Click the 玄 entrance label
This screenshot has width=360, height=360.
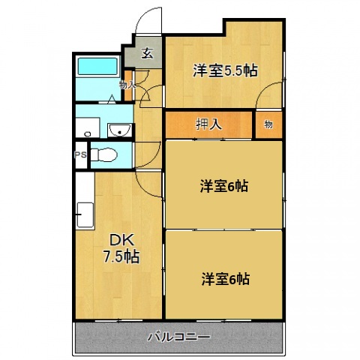click(148, 53)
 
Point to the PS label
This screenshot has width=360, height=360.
click(80, 155)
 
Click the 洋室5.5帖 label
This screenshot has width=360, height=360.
click(225, 71)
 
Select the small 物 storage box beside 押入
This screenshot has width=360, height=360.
click(268, 124)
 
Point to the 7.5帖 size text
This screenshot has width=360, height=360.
click(120, 256)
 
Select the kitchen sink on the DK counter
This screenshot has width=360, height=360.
click(84, 215)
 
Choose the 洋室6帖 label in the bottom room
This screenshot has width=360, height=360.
click(225, 279)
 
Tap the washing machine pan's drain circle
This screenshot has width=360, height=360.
click(88, 133)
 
